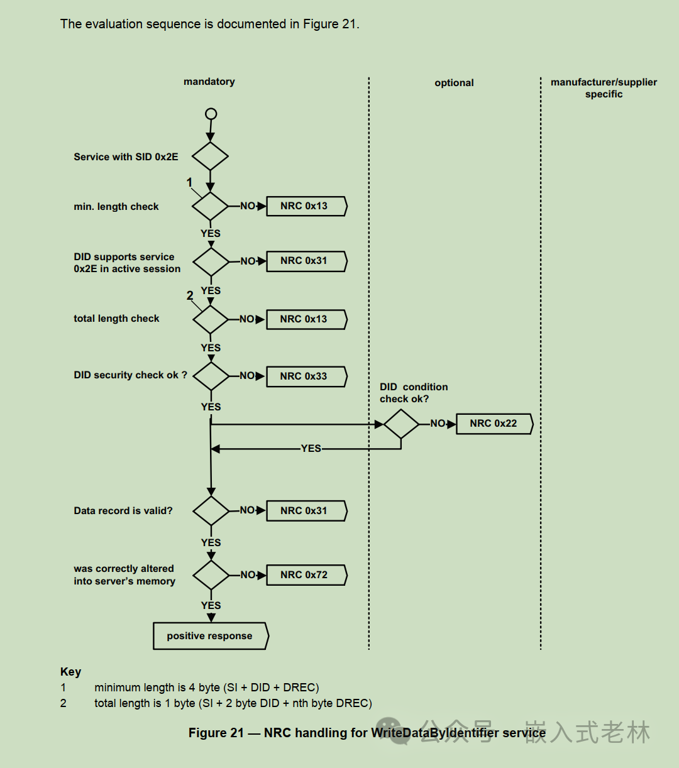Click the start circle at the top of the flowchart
coord(211,114)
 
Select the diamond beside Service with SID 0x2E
coord(211,156)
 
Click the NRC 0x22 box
coord(494,424)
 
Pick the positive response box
coord(211,636)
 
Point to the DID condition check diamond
coord(401,424)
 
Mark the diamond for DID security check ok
coord(211,376)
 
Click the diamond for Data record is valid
coord(211,511)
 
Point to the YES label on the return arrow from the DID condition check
coord(311,449)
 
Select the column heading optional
coord(454,83)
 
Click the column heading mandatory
coord(209,82)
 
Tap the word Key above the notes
coord(70,672)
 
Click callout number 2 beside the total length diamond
coord(190,296)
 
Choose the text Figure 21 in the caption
coord(216,733)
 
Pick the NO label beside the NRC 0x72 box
coord(248,574)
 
